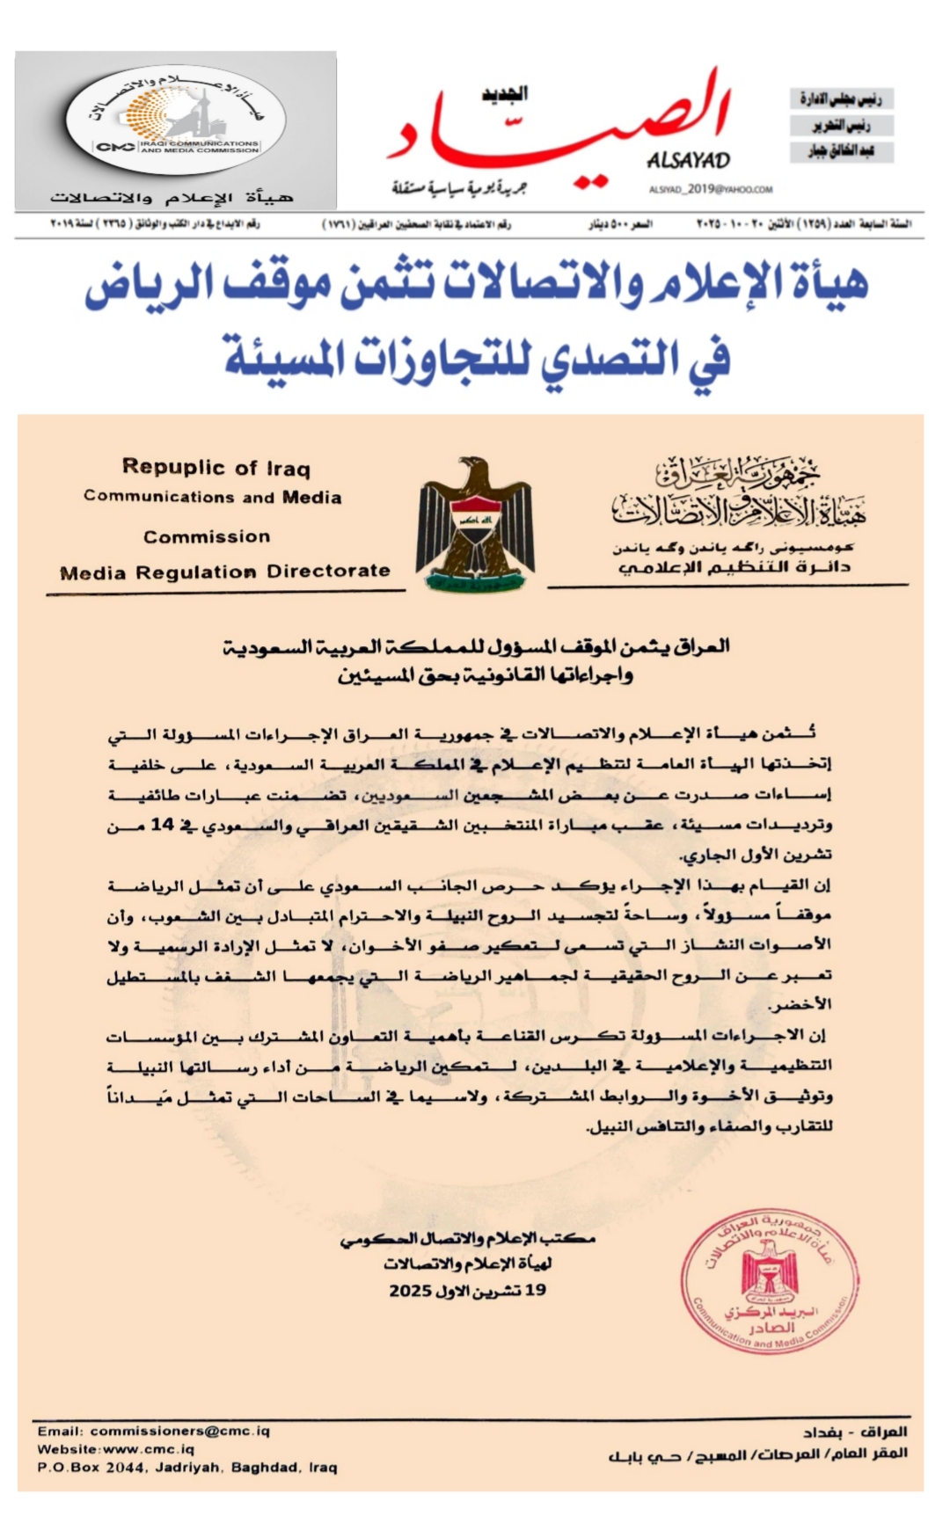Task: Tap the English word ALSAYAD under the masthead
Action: tap(689, 160)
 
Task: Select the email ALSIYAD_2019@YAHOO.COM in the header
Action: tap(711, 189)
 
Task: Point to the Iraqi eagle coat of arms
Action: tap(475, 523)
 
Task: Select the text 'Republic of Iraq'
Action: tap(216, 468)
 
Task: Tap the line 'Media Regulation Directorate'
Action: tap(225, 572)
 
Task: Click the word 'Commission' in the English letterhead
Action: tap(207, 536)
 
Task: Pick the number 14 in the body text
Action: tap(163, 825)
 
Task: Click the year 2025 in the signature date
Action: tap(410, 1291)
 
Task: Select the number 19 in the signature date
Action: tap(536, 1291)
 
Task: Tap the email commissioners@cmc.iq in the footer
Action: tap(179, 1431)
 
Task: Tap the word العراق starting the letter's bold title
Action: tap(702, 646)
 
